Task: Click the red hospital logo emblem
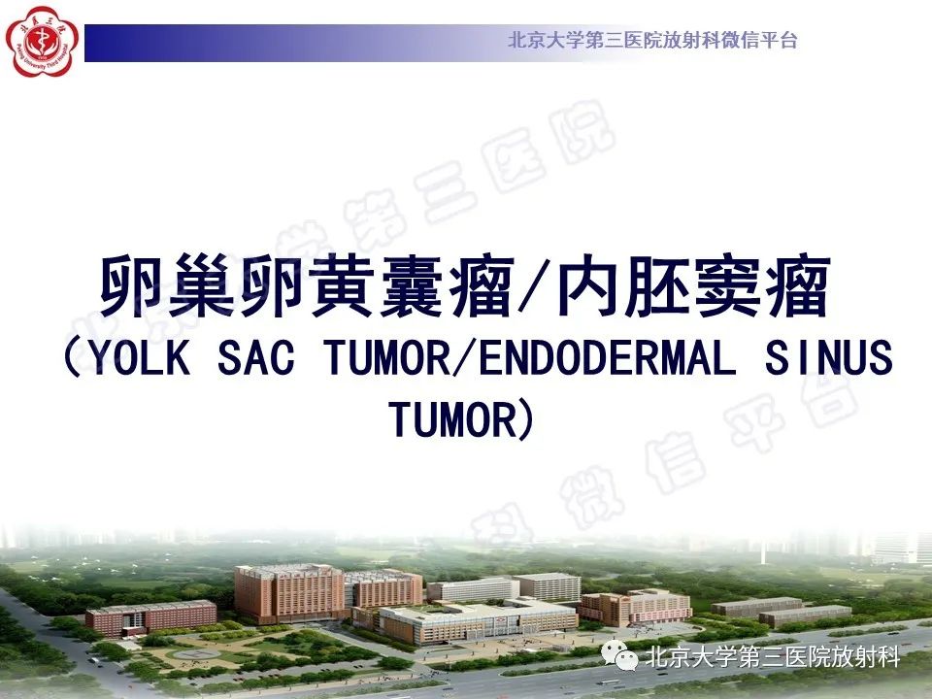click(x=40, y=39)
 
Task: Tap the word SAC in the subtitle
click(x=255, y=360)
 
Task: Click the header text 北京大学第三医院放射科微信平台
click(x=652, y=41)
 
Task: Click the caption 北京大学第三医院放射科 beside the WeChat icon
click(x=772, y=658)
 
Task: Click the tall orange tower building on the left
click(x=290, y=593)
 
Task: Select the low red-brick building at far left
click(x=150, y=617)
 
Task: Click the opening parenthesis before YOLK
click(x=74, y=360)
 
